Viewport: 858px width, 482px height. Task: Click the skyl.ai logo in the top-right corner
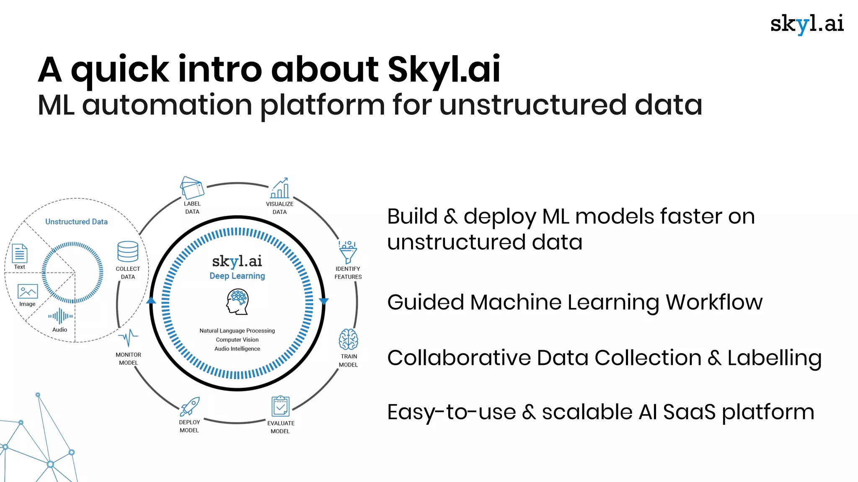[806, 24]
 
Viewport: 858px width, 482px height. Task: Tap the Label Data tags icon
[192, 187]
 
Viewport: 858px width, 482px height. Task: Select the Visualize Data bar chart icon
[280, 188]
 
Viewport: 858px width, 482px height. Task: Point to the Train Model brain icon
[348, 339]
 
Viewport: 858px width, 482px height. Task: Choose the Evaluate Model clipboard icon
[280, 406]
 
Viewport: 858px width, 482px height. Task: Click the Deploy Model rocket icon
[190, 406]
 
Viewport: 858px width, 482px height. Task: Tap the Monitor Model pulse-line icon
[128, 337]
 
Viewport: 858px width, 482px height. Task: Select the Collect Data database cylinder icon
[128, 251]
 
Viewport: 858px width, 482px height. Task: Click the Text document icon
[20, 253]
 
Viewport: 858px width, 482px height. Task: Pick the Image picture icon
[28, 291]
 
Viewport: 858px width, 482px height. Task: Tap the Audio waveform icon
[60, 316]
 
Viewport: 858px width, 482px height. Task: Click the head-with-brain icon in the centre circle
[238, 302]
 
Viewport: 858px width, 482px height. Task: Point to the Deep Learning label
[237, 276]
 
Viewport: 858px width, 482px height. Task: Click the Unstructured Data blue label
[76, 222]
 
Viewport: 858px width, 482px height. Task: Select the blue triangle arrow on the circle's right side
[324, 301]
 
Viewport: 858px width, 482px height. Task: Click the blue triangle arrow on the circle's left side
[151, 300]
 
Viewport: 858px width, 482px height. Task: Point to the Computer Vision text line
[237, 340]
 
